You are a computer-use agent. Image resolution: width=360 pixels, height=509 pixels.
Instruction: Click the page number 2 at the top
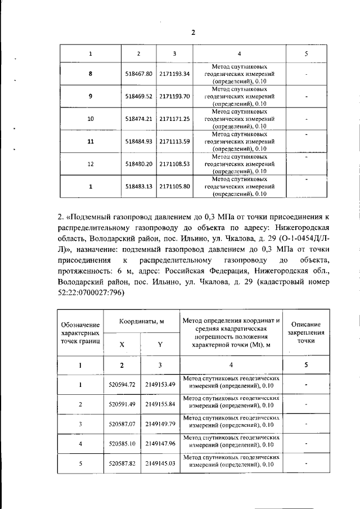[x=193, y=33]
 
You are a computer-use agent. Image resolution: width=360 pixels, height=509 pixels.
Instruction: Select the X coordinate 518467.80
[x=139, y=74]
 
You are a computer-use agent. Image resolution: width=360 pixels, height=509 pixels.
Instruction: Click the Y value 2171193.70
[x=175, y=96]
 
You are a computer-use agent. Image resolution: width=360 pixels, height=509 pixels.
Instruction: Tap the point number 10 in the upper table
[x=91, y=119]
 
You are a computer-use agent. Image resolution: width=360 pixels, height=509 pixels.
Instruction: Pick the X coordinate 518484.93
[x=139, y=141]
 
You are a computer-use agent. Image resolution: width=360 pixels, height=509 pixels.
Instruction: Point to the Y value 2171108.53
[x=175, y=164]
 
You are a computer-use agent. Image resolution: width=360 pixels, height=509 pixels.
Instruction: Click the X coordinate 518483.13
[x=139, y=186]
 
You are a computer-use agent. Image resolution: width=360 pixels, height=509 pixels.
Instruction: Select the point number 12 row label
[x=91, y=164]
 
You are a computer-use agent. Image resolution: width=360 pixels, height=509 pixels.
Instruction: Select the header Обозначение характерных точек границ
[x=80, y=332]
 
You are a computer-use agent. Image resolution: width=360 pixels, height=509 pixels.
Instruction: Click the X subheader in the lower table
[x=122, y=344]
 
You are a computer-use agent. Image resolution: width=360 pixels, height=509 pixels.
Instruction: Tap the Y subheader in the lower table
[x=160, y=344]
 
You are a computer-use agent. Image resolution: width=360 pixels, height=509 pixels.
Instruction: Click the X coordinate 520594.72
[x=122, y=385]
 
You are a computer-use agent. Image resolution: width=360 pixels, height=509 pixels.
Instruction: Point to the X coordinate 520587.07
[x=122, y=424]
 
